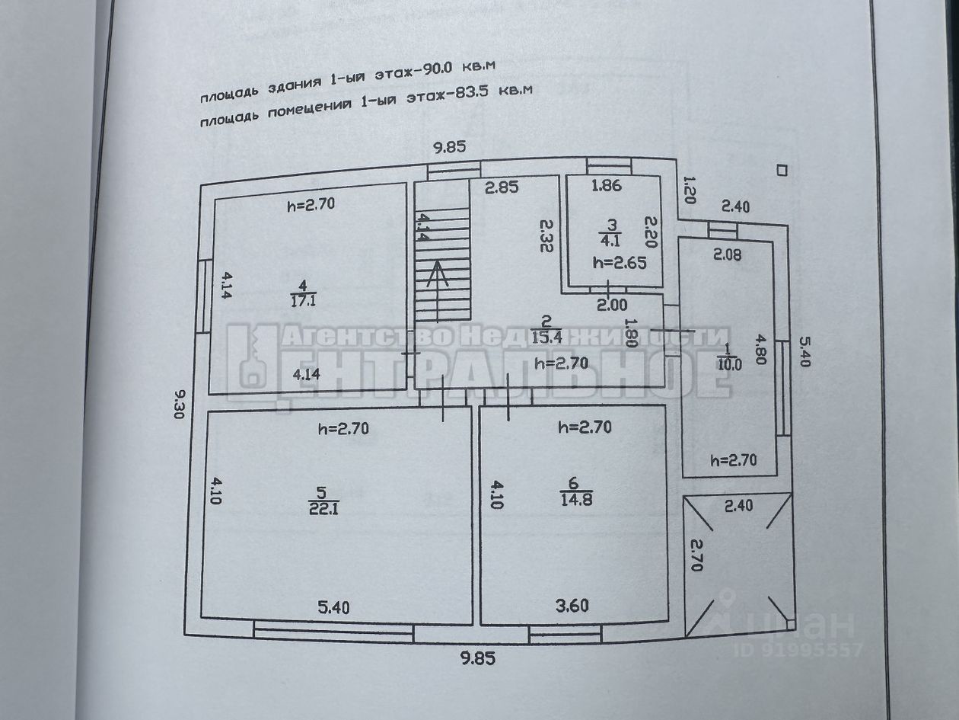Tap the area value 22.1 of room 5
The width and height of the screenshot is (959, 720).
[x=323, y=507]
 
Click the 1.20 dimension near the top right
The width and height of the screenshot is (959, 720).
[x=689, y=190]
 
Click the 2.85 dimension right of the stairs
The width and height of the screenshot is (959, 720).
[x=502, y=187]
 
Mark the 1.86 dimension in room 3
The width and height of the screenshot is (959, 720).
[x=607, y=184]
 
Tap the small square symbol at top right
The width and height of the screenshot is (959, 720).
[x=781, y=171]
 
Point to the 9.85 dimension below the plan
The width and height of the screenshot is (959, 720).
[x=476, y=659]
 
